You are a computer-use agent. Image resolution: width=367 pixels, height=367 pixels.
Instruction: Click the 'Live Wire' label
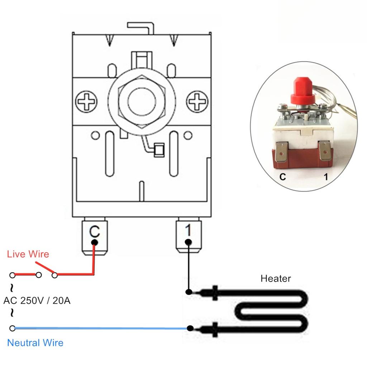tap(28, 254)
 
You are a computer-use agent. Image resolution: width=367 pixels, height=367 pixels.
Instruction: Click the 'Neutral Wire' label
tap(35, 343)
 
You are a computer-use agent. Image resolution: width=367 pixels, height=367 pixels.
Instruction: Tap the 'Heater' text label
tap(276, 278)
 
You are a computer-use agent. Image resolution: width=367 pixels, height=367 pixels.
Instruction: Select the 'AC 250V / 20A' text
tap(37, 300)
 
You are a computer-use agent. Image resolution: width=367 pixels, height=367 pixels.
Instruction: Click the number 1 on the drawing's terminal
tap(188, 231)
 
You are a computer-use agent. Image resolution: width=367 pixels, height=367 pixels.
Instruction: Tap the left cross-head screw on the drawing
tap(86, 101)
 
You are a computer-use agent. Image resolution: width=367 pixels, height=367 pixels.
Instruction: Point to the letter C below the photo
tap(283, 177)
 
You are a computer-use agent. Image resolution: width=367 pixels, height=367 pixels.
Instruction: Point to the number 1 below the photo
tap(325, 177)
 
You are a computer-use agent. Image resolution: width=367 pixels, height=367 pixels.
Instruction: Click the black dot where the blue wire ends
tap(190, 328)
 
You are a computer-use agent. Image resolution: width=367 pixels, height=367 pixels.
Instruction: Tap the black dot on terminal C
tap(94, 243)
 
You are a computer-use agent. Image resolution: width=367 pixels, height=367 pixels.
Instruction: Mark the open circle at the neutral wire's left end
tap(13, 328)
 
